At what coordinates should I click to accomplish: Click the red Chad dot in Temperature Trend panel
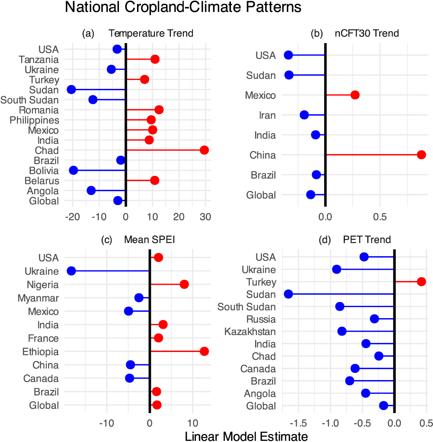point(204,150)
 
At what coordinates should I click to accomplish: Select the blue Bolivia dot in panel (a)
point(73,170)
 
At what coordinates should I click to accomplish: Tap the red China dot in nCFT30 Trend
point(421,155)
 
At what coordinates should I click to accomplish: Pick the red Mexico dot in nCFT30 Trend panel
point(355,95)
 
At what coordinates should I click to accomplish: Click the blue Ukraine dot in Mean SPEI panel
point(71,271)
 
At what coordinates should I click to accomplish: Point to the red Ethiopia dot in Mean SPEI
point(204,351)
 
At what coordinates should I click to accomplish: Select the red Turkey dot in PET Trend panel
point(421,282)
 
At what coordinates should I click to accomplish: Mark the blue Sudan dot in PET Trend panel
point(288,294)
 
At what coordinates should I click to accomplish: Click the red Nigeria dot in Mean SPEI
point(184,284)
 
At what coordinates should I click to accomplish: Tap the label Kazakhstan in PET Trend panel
point(250,332)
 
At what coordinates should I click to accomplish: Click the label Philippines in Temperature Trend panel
point(34,120)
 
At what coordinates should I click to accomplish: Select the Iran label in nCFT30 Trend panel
point(267,115)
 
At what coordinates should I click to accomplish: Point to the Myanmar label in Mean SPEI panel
point(38,298)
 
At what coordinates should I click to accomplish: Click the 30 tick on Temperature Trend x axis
point(205,217)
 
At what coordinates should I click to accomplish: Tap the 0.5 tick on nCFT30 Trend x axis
point(380,217)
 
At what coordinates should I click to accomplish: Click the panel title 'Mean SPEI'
point(149,240)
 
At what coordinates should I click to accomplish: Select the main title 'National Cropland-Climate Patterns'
point(183,7)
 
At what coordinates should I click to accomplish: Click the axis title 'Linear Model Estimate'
point(246,437)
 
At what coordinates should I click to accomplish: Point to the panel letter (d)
point(325,240)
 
